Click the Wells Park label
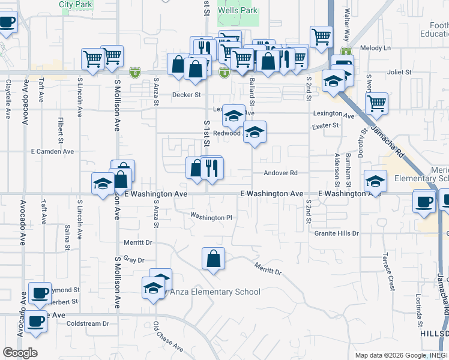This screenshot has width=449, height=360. (238, 10)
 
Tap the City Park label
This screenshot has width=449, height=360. (76, 4)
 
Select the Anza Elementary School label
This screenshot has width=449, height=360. (215, 292)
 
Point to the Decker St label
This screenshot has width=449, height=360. (186, 95)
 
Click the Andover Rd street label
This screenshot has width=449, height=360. (280, 173)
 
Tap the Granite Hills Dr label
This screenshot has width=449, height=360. (336, 233)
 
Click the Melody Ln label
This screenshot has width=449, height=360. (375, 48)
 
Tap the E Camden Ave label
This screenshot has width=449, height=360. (52, 152)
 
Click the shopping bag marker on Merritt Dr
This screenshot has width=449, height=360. (213, 259)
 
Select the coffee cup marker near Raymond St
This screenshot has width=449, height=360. (40, 293)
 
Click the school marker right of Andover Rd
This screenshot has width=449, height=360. (375, 181)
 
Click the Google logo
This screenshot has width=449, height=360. (20, 353)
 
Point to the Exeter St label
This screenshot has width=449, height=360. (325, 126)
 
